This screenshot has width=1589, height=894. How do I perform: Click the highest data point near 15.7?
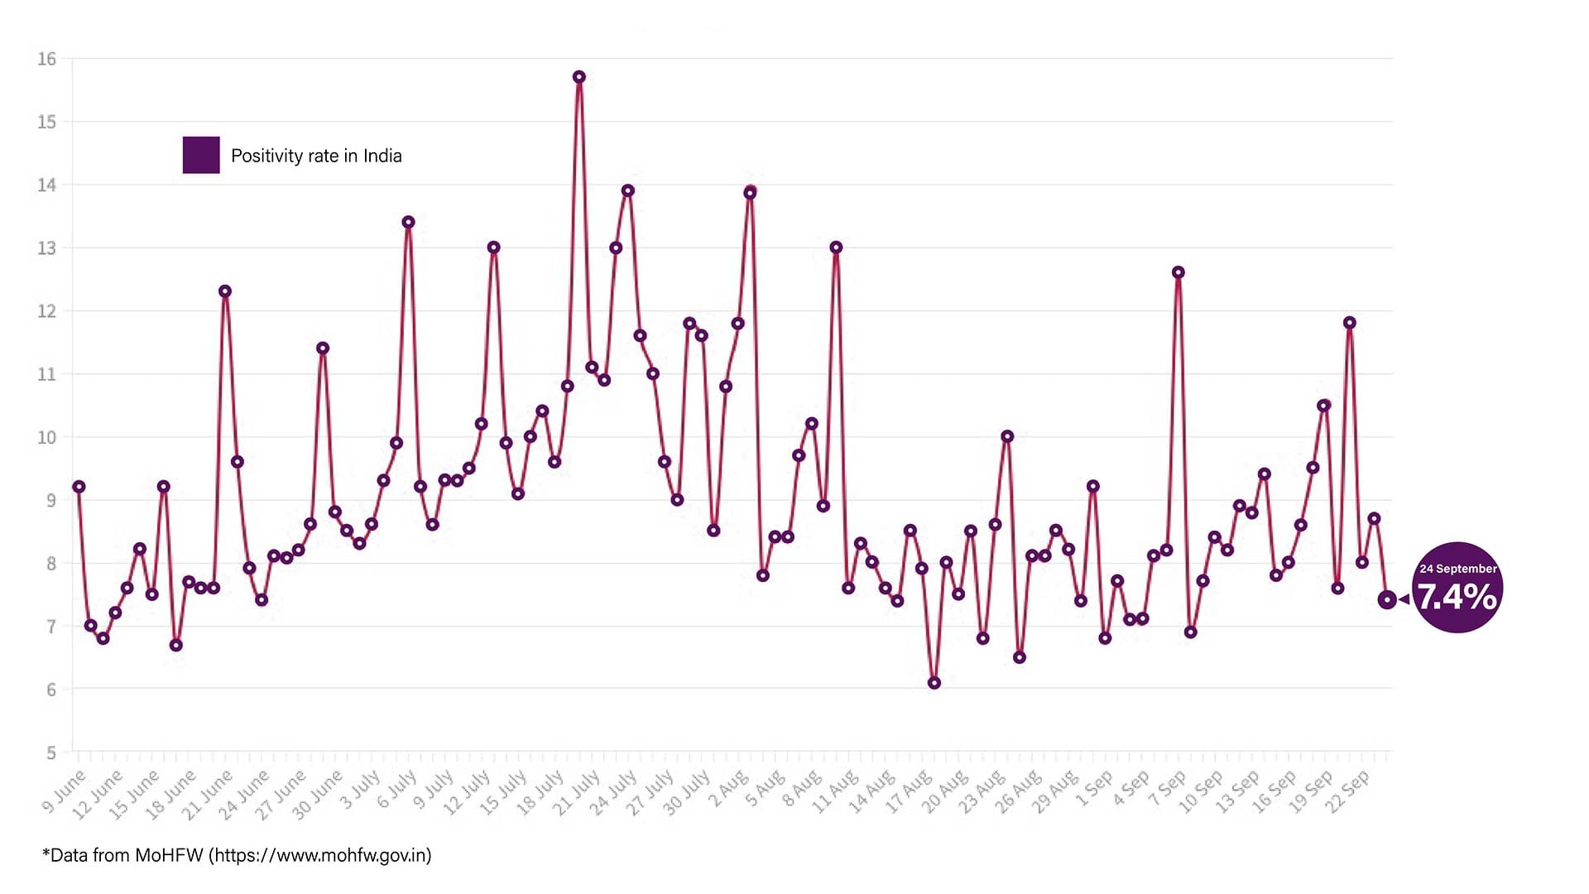click(579, 77)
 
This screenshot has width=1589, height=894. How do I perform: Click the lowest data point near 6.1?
click(934, 683)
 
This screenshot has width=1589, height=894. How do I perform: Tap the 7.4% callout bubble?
click(1457, 589)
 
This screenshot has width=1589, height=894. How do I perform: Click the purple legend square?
click(201, 155)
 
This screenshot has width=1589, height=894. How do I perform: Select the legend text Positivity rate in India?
click(316, 156)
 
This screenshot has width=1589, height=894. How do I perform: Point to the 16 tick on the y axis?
click(46, 59)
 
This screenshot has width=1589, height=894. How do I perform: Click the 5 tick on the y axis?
click(51, 752)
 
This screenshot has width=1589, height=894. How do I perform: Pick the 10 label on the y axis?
click(46, 437)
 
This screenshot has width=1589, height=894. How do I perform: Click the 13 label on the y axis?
click(46, 248)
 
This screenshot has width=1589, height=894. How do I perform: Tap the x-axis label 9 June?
click(65, 791)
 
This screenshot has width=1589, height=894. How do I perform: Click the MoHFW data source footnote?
click(237, 855)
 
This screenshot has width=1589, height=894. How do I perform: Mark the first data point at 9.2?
click(79, 487)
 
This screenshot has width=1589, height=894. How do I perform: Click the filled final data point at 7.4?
click(1387, 599)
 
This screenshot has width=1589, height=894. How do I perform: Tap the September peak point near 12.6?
click(1179, 272)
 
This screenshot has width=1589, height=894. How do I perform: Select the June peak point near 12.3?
click(225, 291)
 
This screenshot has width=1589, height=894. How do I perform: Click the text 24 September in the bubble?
click(1457, 569)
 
